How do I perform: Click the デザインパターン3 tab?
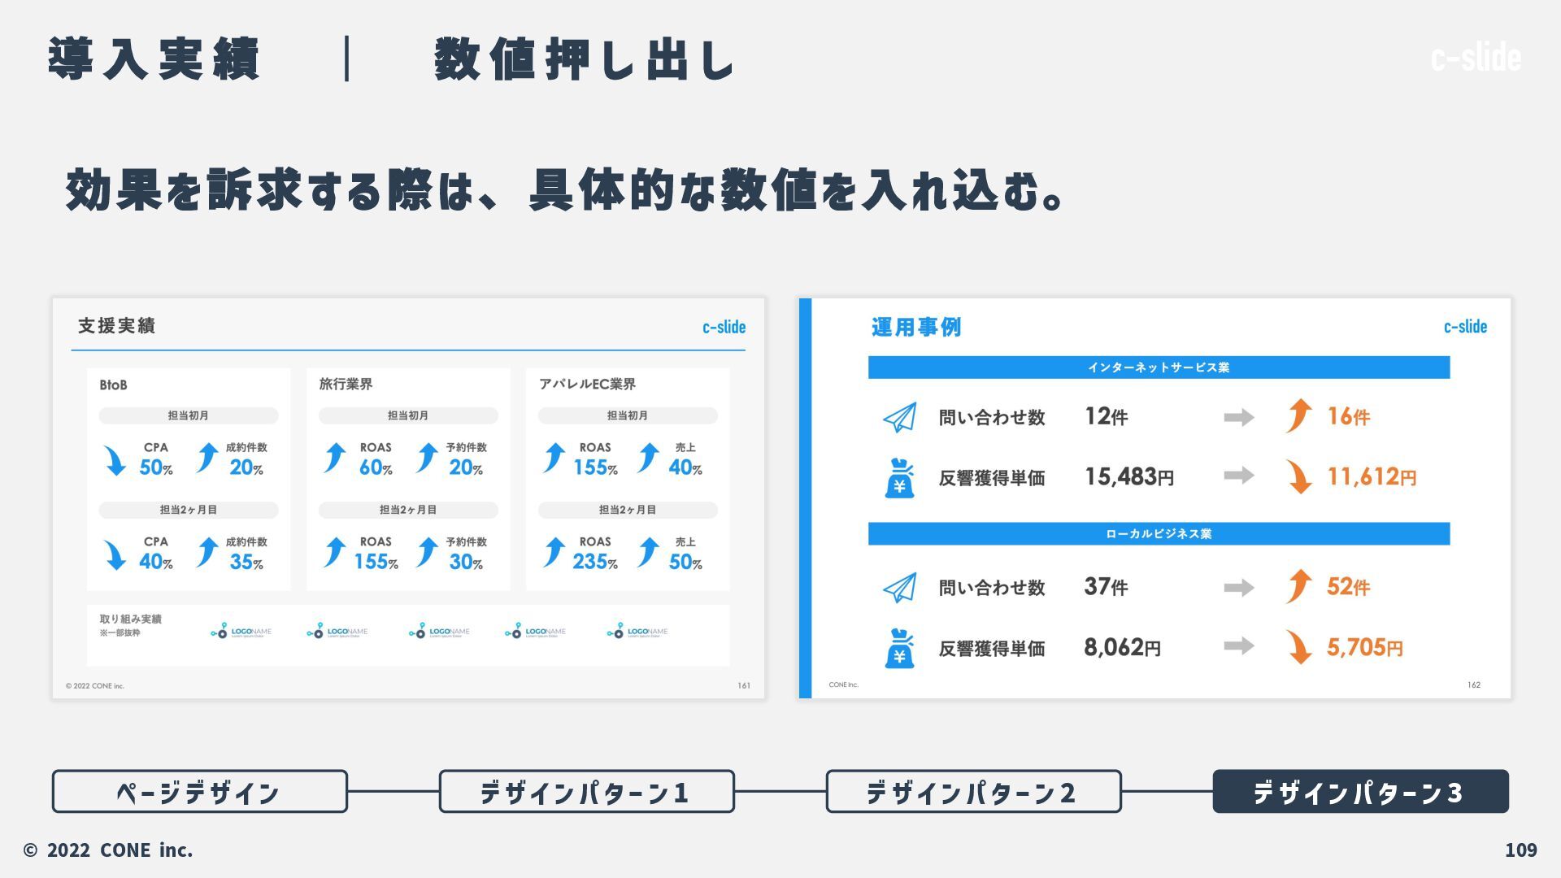click(x=1360, y=791)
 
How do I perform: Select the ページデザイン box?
click(x=199, y=791)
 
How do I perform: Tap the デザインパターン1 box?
click(x=586, y=791)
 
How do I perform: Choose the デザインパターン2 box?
click(x=973, y=791)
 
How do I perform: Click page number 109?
click(x=1520, y=850)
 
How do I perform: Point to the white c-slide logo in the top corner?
click(x=1476, y=57)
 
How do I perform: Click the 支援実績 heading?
click(x=116, y=326)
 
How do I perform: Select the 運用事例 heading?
click(x=916, y=327)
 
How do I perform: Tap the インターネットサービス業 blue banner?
click(x=1159, y=367)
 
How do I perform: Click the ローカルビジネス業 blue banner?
click(x=1159, y=534)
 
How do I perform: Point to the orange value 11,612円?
click(x=1372, y=477)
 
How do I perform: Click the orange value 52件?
click(x=1348, y=587)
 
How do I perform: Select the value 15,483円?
click(x=1129, y=477)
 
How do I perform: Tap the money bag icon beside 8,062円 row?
click(x=899, y=648)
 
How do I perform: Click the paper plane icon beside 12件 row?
click(x=899, y=418)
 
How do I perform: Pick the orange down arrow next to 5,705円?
click(x=1299, y=647)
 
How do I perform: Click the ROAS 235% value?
click(x=594, y=562)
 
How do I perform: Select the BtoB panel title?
click(x=113, y=385)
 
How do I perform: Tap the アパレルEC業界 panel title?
click(x=587, y=384)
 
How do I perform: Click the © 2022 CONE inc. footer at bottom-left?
click(x=108, y=850)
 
